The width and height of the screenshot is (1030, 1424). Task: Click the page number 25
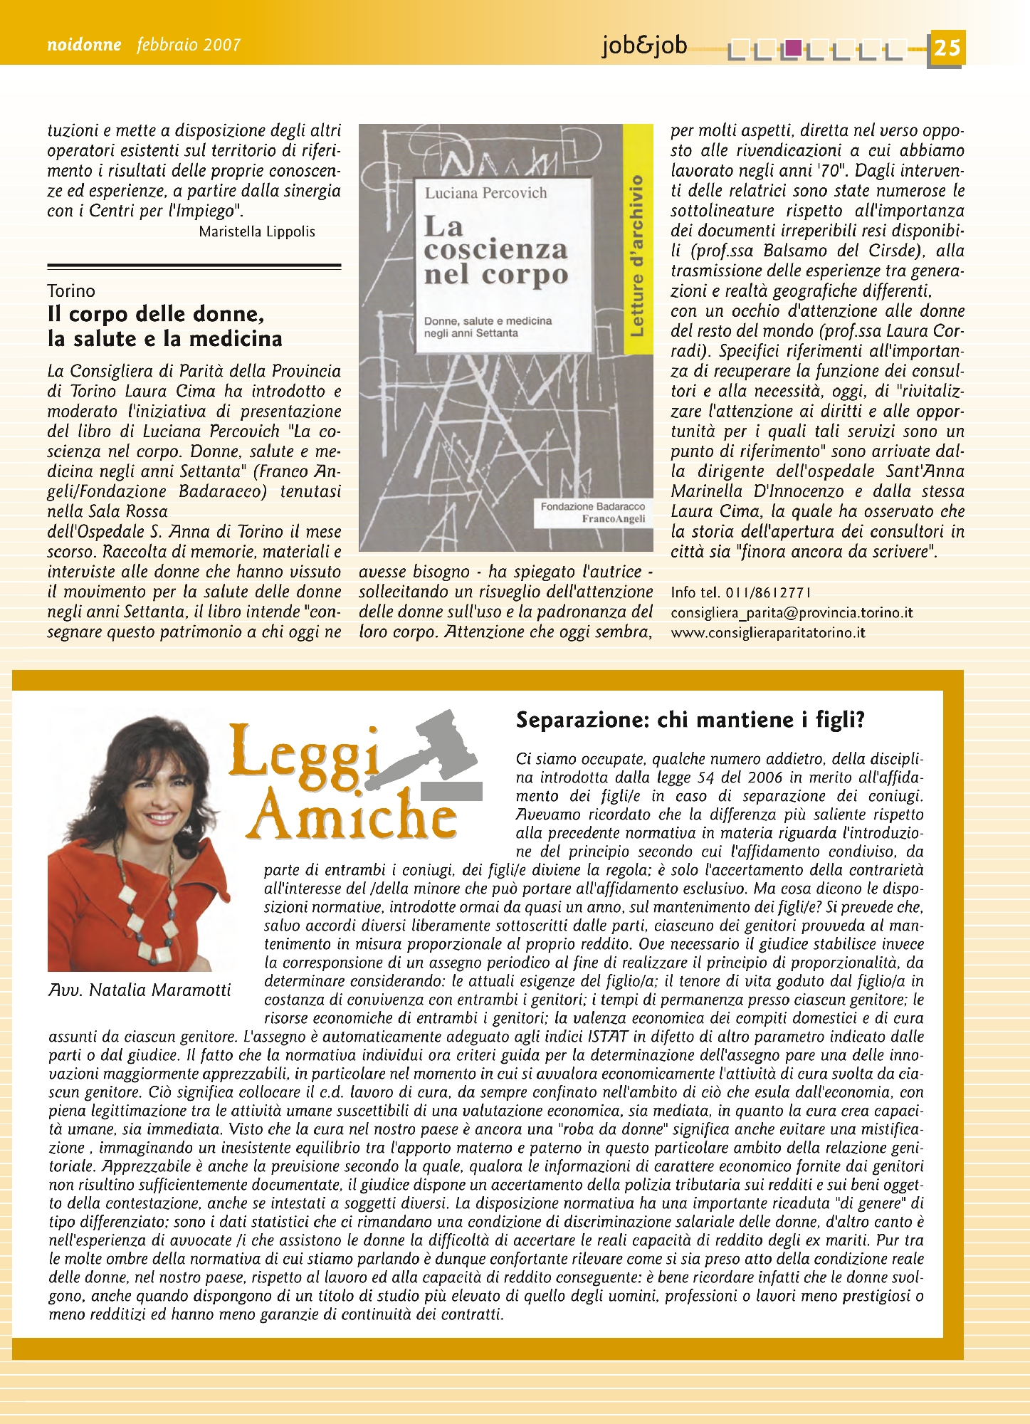point(947,48)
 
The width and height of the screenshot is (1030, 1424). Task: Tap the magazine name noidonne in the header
point(84,46)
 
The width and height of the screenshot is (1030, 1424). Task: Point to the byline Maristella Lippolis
point(257,232)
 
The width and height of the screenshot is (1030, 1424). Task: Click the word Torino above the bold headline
point(71,291)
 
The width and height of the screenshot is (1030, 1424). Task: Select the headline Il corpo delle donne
point(156,314)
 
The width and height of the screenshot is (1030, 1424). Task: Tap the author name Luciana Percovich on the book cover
point(485,193)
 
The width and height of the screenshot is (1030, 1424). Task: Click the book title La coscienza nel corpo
point(495,250)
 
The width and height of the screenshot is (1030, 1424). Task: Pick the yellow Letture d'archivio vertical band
point(638,256)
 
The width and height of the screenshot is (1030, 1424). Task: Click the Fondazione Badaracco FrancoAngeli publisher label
point(592,513)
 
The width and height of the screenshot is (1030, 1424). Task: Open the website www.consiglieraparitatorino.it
point(768,632)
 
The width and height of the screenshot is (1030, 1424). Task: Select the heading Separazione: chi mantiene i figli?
point(690,720)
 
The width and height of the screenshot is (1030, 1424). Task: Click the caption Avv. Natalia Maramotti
point(140,990)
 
